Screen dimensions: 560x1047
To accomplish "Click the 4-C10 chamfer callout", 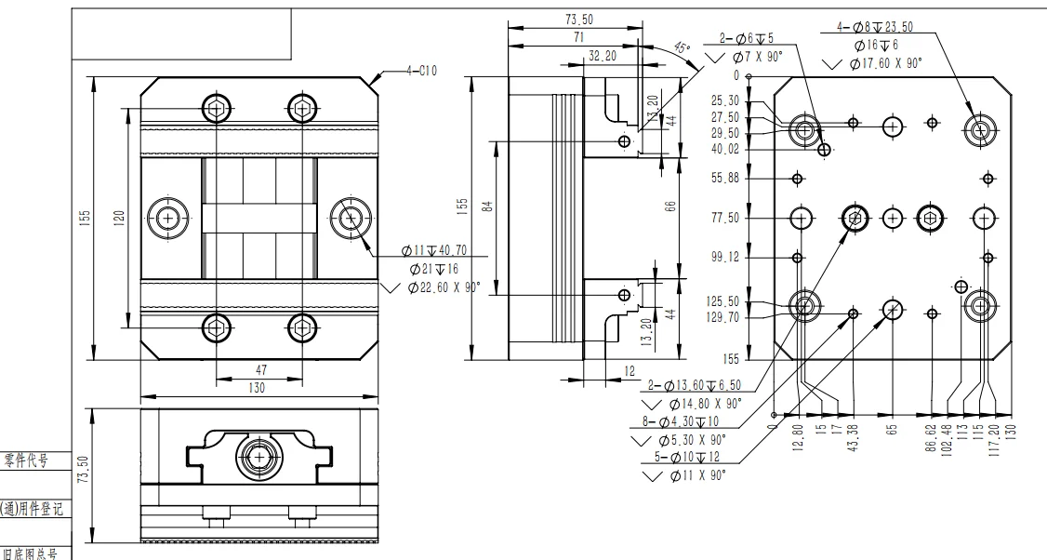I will click(x=421, y=70).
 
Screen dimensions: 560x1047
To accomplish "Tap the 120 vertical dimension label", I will click(x=118, y=218).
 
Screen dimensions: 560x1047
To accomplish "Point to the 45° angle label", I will click(x=683, y=47).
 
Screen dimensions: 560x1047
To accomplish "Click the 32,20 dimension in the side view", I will click(x=603, y=56).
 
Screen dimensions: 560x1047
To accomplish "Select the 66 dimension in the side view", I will click(x=670, y=207).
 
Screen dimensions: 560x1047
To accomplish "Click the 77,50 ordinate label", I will click(x=726, y=218).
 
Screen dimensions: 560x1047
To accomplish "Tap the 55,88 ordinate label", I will click(x=726, y=179).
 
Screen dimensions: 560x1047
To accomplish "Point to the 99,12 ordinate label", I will click(x=726, y=258).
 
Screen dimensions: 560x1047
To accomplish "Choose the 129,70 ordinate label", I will click(x=723, y=317).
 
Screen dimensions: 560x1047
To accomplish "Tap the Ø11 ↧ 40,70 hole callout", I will click(x=434, y=250).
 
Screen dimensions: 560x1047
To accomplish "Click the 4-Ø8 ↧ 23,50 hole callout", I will click(x=874, y=27).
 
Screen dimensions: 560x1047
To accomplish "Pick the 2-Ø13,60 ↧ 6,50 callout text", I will click(x=689, y=385).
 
